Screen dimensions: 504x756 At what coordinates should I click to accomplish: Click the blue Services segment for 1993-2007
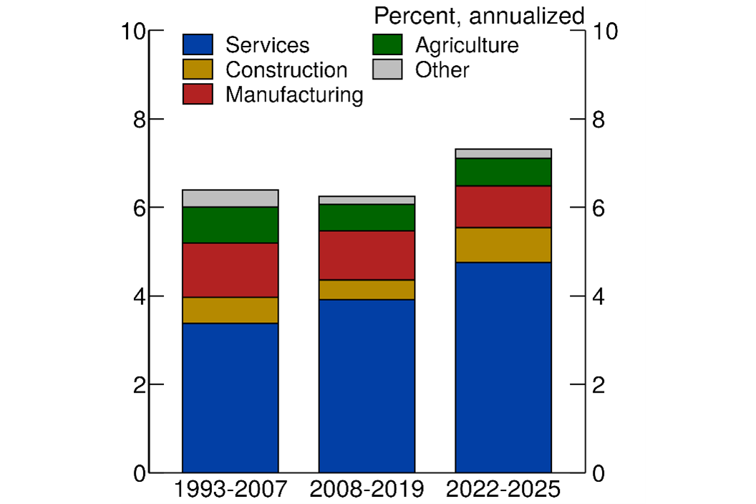point(230,397)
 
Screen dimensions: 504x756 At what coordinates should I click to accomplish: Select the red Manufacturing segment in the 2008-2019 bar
point(367,255)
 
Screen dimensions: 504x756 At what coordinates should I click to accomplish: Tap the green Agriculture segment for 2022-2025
point(503,172)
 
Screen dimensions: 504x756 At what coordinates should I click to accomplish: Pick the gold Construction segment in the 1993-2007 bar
point(230,310)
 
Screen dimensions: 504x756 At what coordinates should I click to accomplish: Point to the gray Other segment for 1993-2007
point(230,198)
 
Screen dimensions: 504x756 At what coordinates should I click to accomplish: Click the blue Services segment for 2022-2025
point(503,367)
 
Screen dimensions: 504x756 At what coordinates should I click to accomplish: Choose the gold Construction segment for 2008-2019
point(367,289)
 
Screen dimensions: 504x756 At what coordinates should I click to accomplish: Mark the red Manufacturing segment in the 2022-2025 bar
point(503,206)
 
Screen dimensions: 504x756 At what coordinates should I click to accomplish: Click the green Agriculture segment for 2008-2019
point(367,218)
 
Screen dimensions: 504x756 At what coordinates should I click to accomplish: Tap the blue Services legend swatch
point(198,45)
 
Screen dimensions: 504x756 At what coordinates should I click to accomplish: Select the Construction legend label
point(286,70)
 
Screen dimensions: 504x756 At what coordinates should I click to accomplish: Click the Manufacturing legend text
point(294,94)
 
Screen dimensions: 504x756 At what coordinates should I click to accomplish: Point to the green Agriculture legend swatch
point(387,45)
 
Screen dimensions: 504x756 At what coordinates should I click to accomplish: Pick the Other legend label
point(442,70)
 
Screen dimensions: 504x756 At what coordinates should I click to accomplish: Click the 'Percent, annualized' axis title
point(479,16)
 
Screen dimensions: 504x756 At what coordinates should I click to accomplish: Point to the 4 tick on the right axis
point(596,296)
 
